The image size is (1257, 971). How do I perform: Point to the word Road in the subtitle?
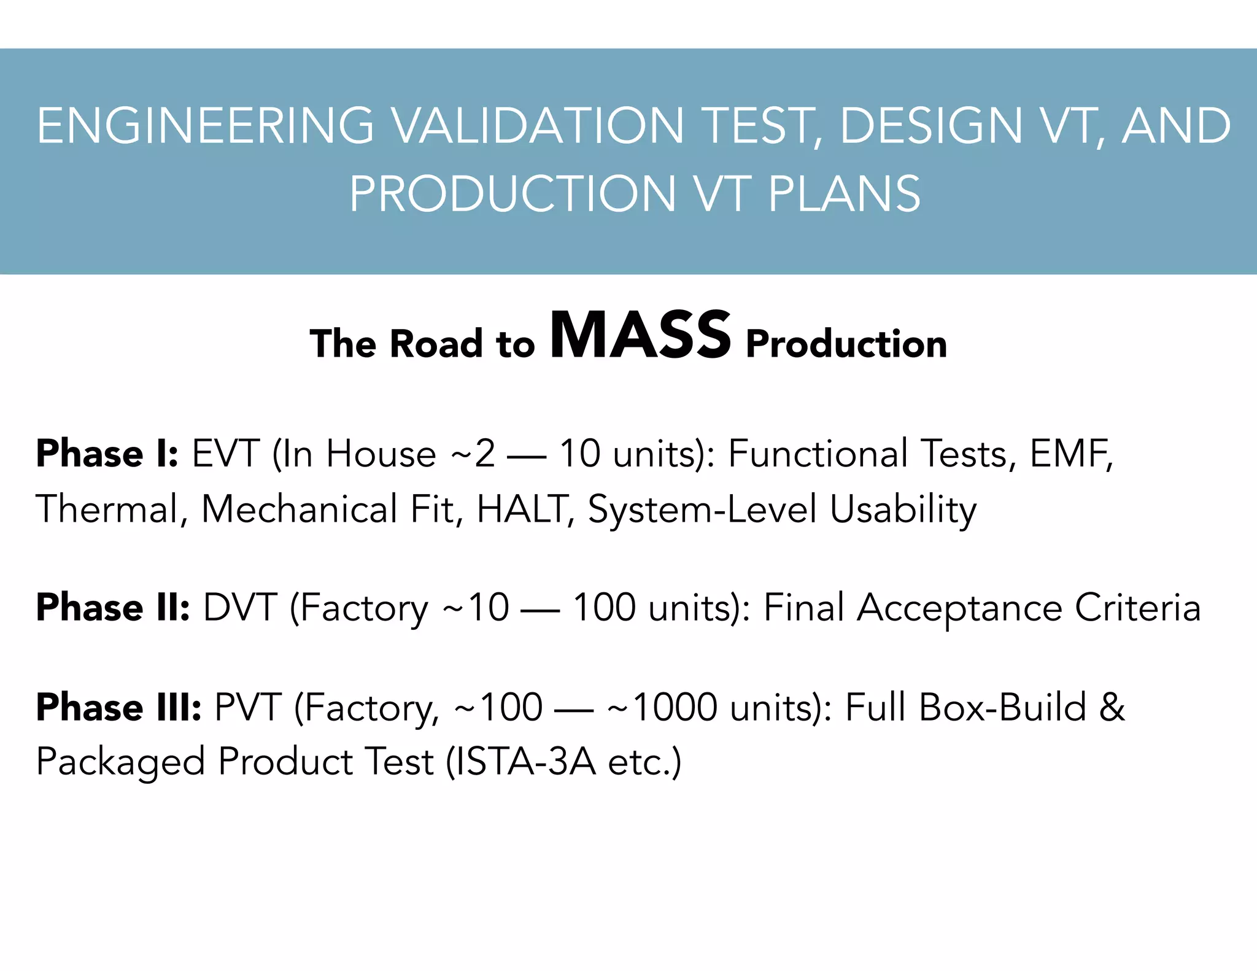436,343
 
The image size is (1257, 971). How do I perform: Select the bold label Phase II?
113,608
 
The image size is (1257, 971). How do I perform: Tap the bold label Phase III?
118,707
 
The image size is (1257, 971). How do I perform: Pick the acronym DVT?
240,608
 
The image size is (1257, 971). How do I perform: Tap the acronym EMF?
1070,454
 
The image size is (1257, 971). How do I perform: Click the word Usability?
903,510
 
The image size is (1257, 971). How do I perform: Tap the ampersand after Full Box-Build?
1112,707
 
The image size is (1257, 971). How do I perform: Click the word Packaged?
120,763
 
